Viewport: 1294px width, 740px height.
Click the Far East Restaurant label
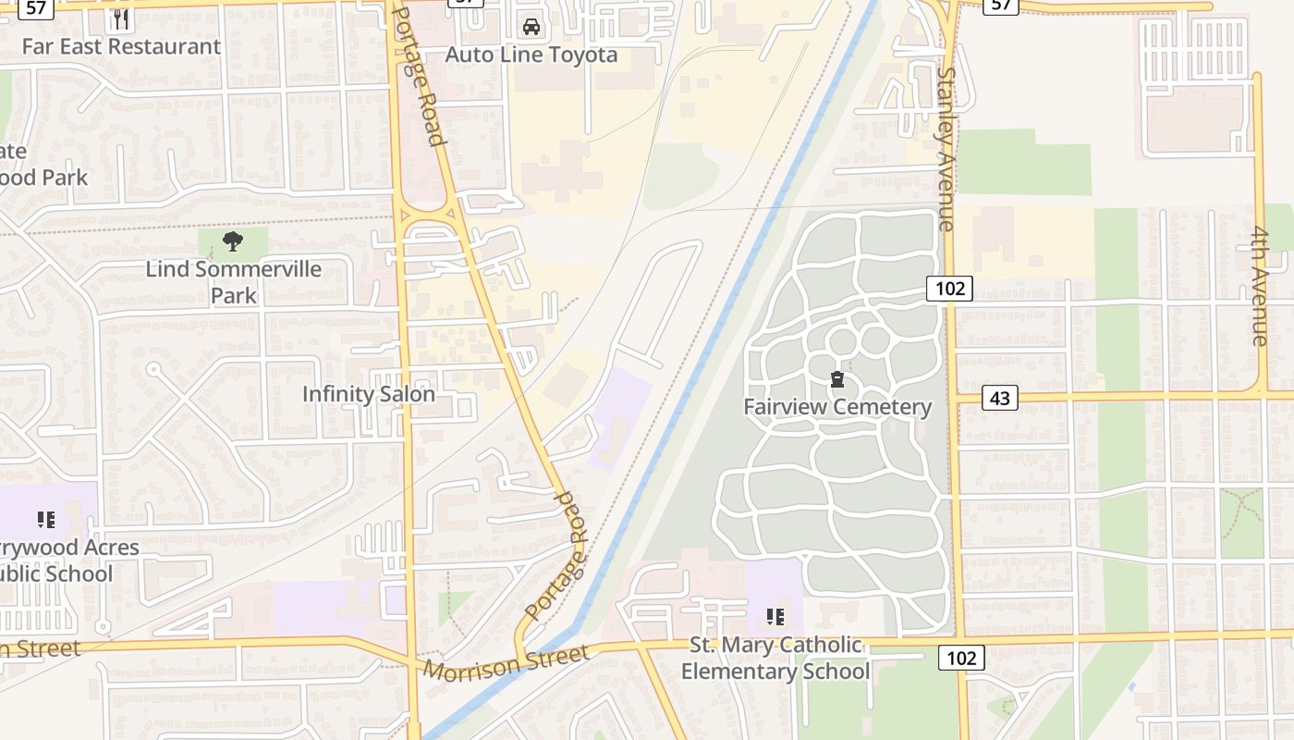coord(121,46)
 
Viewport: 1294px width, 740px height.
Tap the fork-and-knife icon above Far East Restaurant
coord(121,18)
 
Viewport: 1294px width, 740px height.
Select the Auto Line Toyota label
coord(531,55)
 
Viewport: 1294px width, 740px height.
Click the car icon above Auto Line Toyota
coord(531,27)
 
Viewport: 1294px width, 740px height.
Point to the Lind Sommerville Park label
coord(233,282)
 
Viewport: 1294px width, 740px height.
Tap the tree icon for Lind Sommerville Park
coord(233,242)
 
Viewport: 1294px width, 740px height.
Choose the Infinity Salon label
coord(368,394)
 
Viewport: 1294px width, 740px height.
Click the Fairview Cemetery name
coord(837,407)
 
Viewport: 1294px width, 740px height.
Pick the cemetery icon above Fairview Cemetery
coord(837,379)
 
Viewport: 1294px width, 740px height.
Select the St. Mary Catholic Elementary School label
coord(775,658)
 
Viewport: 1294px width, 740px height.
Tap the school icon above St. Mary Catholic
coord(775,616)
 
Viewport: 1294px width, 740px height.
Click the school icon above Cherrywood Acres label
coord(46,520)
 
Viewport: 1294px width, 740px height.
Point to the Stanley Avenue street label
coord(946,148)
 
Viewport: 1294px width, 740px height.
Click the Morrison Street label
coord(506,663)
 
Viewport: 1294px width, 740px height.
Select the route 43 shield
coord(998,398)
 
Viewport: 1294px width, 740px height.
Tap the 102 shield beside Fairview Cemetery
coord(949,289)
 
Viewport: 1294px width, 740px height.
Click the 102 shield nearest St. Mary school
coord(961,658)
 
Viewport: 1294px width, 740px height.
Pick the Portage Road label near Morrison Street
coord(557,555)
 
